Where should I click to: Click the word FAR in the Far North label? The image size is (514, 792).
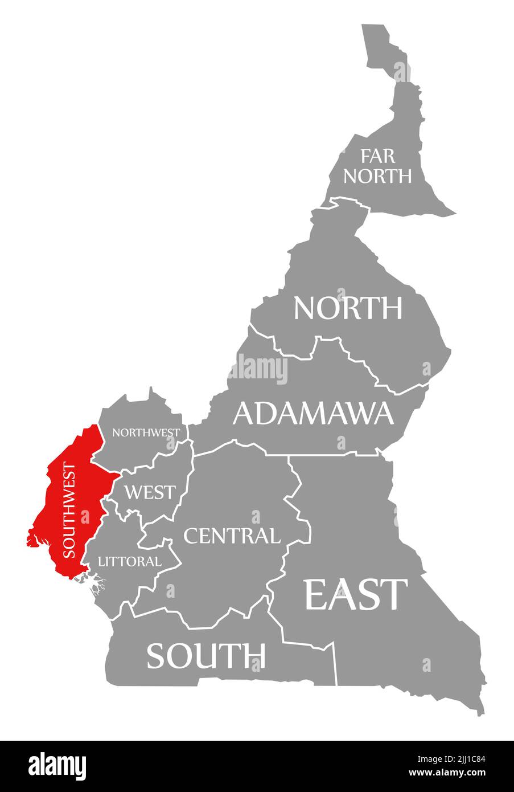(377, 156)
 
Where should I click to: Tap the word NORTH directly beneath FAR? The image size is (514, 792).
(377, 175)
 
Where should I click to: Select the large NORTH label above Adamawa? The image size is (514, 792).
(348, 308)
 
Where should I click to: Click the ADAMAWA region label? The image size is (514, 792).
(313, 413)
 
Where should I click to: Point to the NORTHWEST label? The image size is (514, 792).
(146, 432)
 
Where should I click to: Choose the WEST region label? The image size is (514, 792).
(150, 492)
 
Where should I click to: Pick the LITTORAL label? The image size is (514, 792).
(130, 561)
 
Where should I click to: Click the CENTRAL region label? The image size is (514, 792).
(232, 536)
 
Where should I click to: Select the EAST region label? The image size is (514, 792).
(356, 594)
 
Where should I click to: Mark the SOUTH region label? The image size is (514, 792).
(206, 655)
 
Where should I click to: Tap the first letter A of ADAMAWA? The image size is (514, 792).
(243, 413)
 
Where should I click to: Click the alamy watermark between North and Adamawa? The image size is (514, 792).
(258, 369)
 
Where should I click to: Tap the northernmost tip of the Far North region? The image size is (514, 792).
(373, 26)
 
